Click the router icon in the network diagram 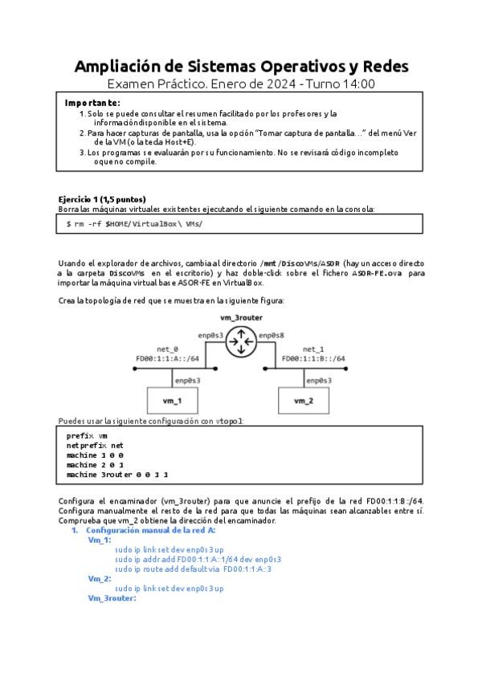coord(240,344)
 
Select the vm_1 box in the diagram coord(171,400)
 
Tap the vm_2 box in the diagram coord(303,400)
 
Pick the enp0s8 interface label coord(270,333)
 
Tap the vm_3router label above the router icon coord(240,318)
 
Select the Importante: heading coord(92,103)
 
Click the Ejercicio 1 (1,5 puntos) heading coord(102,199)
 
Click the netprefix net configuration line coord(95,444)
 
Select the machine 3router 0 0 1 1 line coord(117,475)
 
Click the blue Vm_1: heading coord(100,540)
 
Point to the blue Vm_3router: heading coord(112,598)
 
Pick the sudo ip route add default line coord(194,569)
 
